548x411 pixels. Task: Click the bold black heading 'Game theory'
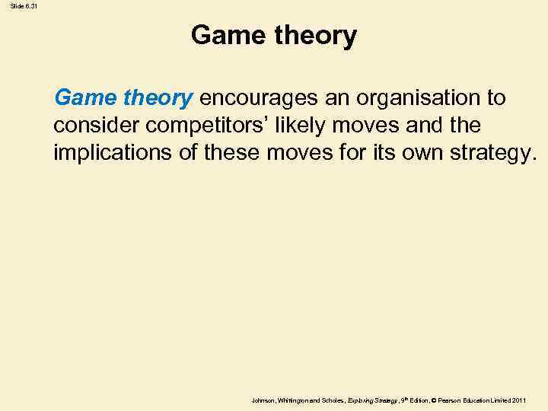(273, 36)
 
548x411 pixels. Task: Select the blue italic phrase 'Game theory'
(123, 98)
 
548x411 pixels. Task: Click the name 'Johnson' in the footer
(263, 400)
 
